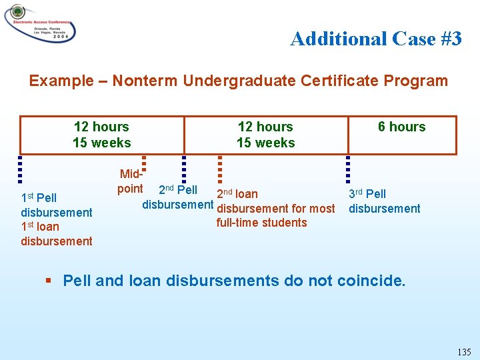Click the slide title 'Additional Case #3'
coord(375,39)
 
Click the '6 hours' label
coord(401,127)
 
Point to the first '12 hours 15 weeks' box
coord(102,135)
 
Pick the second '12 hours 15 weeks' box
coord(265,135)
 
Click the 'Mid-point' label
coord(131,181)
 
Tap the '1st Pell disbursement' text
coord(56,205)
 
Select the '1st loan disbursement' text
coord(56,234)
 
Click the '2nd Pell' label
coord(177,190)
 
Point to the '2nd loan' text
coord(237,194)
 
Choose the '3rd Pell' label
coord(367,194)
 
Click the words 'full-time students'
coord(261,223)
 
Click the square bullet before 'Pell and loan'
coord(48,281)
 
